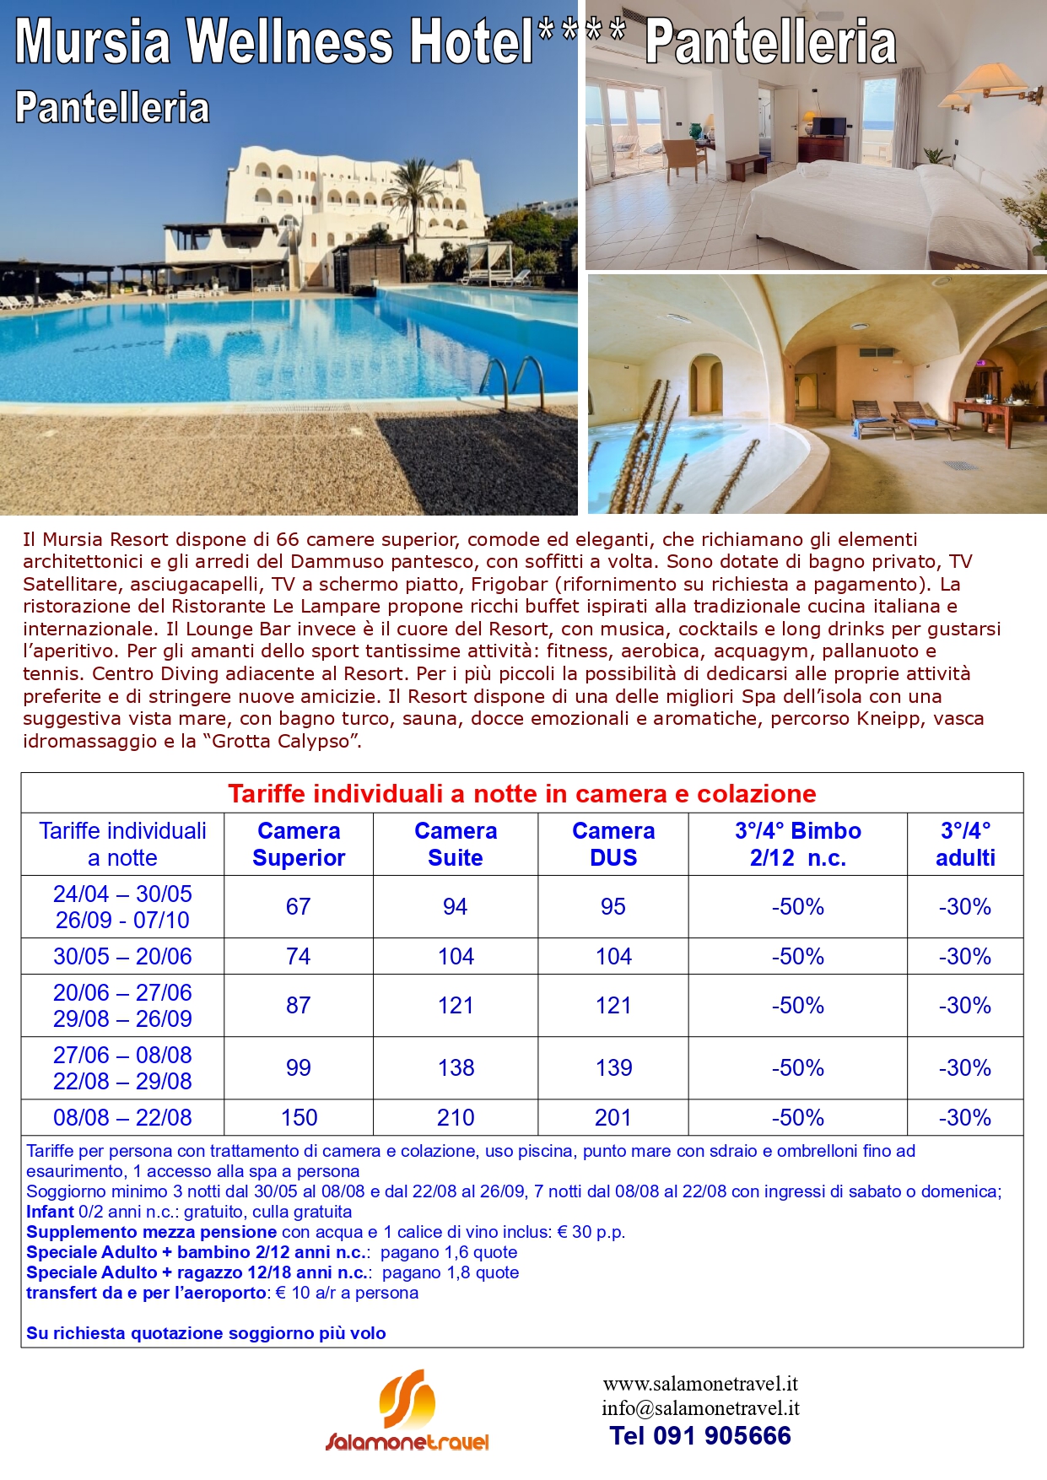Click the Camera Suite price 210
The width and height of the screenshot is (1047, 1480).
(456, 1117)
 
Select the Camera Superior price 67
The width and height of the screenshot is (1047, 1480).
(298, 906)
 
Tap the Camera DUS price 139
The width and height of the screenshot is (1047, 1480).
(613, 1067)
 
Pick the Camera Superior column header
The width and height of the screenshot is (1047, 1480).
(299, 844)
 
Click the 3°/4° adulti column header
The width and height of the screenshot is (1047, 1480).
(965, 844)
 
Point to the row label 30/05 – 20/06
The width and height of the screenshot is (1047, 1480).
(122, 956)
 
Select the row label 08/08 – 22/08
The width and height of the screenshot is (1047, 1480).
(122, 1117)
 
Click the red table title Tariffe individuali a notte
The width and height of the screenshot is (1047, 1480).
(521, 793)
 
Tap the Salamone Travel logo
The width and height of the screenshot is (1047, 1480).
(407, 1412)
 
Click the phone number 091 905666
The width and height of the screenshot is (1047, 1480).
(700, 1435)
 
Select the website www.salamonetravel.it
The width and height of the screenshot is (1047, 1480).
(700, 1384)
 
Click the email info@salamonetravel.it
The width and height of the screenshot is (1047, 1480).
(700, 1407)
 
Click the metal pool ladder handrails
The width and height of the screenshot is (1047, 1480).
(515, 380)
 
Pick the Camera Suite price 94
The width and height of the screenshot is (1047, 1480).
(455, 906)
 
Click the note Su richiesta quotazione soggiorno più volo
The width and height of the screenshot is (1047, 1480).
(206, 1333)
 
